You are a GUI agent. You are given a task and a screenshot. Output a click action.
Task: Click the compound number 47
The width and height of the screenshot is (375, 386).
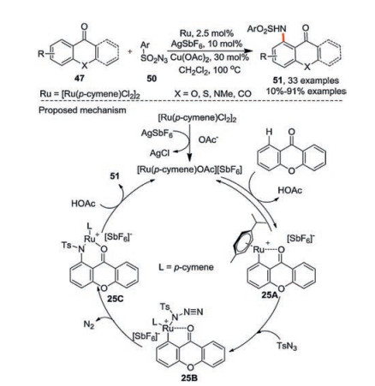click(80, 78)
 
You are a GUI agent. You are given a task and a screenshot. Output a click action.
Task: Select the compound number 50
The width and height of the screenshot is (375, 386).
click(152, 79)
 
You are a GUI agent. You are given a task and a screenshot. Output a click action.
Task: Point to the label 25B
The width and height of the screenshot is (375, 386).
click(189, 377)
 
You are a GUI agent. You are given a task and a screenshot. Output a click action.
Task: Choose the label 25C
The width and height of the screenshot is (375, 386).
click(116, 298)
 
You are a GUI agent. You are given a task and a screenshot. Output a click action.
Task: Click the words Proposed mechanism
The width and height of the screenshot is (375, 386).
click(82, 110)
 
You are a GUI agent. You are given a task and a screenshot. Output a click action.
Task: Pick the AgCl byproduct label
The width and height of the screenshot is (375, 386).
click(159, 153)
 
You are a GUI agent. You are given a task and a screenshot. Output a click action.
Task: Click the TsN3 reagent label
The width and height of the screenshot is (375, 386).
click(287, 346)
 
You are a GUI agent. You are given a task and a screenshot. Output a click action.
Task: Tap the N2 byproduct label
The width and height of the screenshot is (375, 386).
click(89, 324)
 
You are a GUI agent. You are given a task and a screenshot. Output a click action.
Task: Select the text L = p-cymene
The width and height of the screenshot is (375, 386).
click(186, 267)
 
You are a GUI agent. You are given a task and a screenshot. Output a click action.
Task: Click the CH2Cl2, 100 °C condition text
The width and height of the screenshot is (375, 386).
click(210, 69)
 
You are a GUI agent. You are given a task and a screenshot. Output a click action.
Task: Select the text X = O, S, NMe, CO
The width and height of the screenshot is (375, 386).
click(213, 93)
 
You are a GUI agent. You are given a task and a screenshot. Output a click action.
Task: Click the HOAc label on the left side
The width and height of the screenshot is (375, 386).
click(83, 204)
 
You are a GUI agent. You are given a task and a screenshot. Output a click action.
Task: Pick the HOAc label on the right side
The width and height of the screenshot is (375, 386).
click(290, 190)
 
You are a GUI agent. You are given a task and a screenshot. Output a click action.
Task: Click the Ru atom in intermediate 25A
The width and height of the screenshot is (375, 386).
click(259, 249)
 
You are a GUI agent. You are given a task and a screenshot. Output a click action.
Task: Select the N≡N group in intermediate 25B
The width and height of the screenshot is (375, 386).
click(193, 312)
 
